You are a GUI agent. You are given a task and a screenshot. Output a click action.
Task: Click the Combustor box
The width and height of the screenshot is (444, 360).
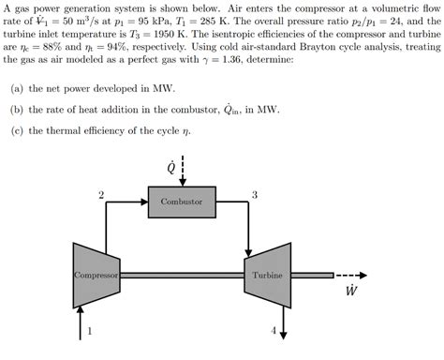click(x=181, y=202)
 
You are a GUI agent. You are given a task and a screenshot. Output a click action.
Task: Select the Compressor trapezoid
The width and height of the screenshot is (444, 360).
click(x=98, y=276)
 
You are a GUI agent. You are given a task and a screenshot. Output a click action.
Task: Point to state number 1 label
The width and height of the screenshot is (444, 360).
click(x=90, y=330)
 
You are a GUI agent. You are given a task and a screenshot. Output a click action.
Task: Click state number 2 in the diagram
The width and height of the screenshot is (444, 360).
click(x=100, y=194)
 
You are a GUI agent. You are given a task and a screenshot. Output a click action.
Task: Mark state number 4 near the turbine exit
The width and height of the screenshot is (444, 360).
click(x=274, y=331)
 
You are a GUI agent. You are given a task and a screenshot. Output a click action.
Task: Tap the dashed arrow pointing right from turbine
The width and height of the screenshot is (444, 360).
click(x=350, y=277)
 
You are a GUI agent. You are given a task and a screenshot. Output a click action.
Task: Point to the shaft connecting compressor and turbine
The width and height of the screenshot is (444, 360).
click(x=187, y=276)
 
